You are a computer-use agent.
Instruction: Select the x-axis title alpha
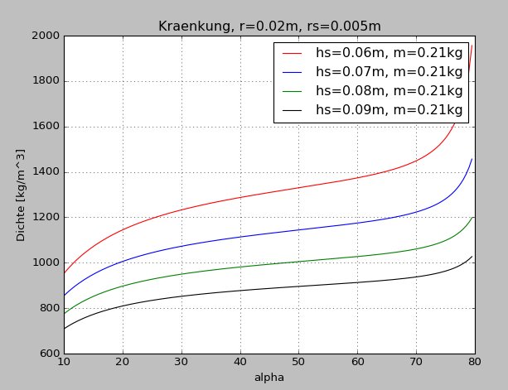[269, 378]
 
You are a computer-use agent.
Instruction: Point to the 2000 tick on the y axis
[43, 36]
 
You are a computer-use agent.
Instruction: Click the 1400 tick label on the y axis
[43, 172]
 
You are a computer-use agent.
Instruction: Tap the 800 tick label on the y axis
[46, 309]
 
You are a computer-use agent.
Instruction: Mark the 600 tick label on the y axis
[46, 354]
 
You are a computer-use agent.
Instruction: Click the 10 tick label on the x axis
[64, 364]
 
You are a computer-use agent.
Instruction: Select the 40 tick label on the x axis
[240, 364]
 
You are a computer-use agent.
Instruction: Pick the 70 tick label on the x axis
[417, 364]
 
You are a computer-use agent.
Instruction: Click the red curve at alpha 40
[240, 197]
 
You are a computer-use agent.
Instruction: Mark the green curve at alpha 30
[181, 273]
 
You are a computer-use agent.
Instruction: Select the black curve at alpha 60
[358, 282]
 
